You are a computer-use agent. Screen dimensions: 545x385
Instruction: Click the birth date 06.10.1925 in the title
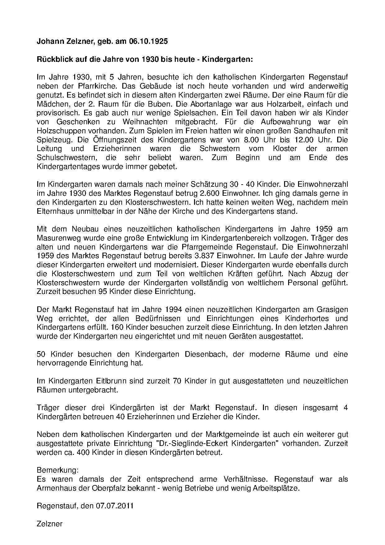coord(148,41)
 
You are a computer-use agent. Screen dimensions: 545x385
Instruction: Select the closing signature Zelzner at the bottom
coord(49,524)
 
